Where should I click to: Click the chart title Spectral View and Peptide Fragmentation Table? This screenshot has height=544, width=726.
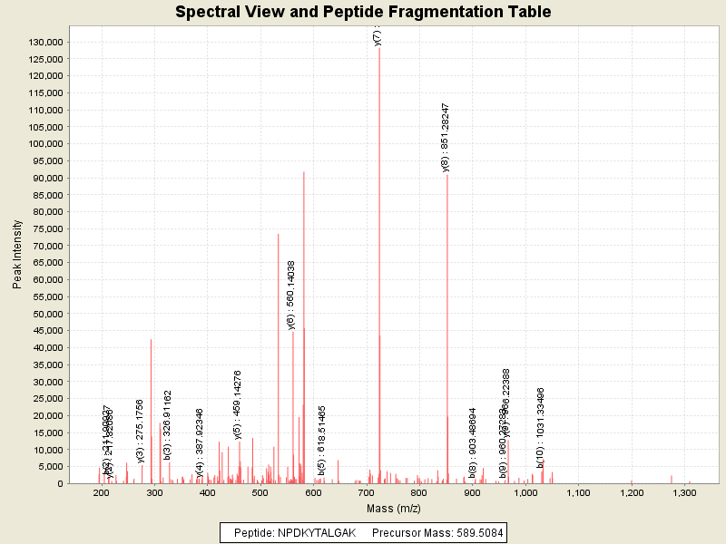pyautogui.click(x=363, y=12)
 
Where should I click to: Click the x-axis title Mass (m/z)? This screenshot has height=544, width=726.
pyautogui.click(x=392, y=509)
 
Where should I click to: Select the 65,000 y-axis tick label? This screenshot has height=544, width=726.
pyautogui.click(x=45, y=263)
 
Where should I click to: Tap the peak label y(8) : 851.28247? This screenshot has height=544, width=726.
pyautogui.click(x=445, y=137)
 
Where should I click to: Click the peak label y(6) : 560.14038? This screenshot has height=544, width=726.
pyautogui.click(x=291, y=295)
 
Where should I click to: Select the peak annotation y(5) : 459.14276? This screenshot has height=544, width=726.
pyautogui.click(x=238, y=404)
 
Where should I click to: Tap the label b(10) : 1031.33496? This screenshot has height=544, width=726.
pyautogui.click(x=540, y=427)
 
